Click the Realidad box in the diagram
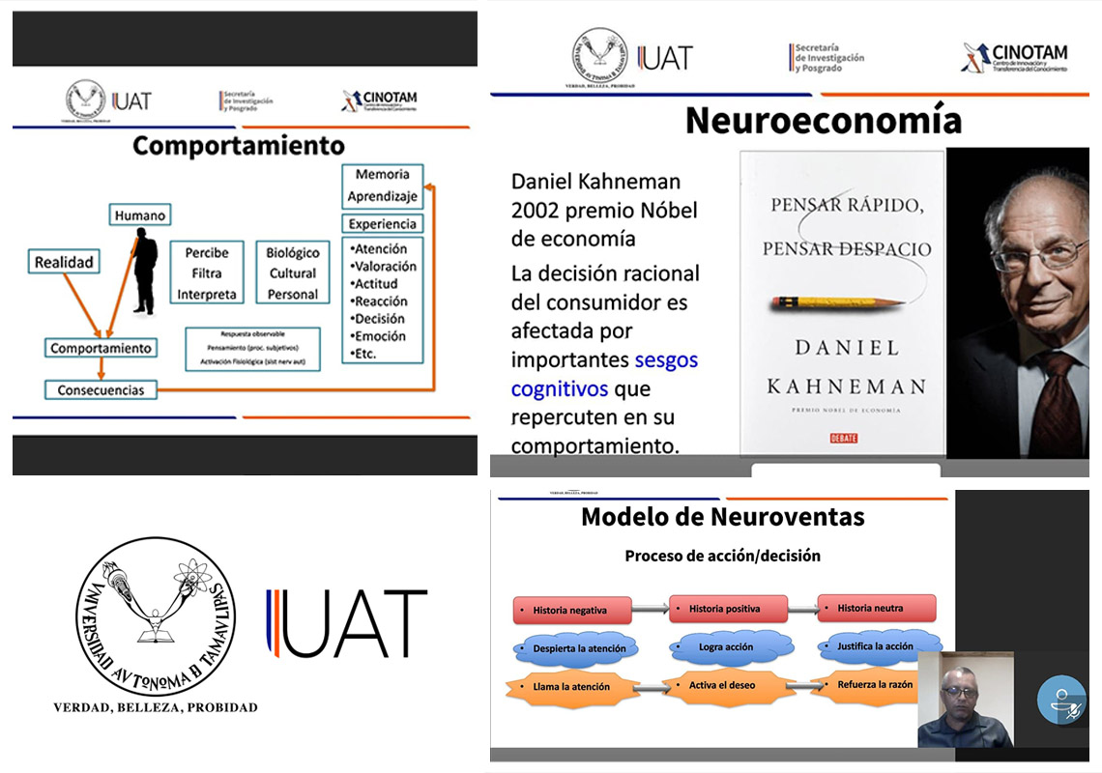[x=64, y=262]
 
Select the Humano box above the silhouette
[x=139, y=215]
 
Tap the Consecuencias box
[x=101, y=390]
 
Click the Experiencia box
[x=382, y=224]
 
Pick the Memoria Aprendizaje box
[x=382, y=186]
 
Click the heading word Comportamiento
[x=238, y=146]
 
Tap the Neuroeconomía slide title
[x=823, y=121]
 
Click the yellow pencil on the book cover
[x=837, y=302]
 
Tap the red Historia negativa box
[x=571, y=611]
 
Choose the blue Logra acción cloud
[x=725, y=646]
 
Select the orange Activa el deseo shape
[x=721, y=685]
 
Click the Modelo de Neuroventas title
[x=722, y=517]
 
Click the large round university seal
[x=155, y=616]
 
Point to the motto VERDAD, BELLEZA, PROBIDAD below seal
[x=155, y=707]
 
